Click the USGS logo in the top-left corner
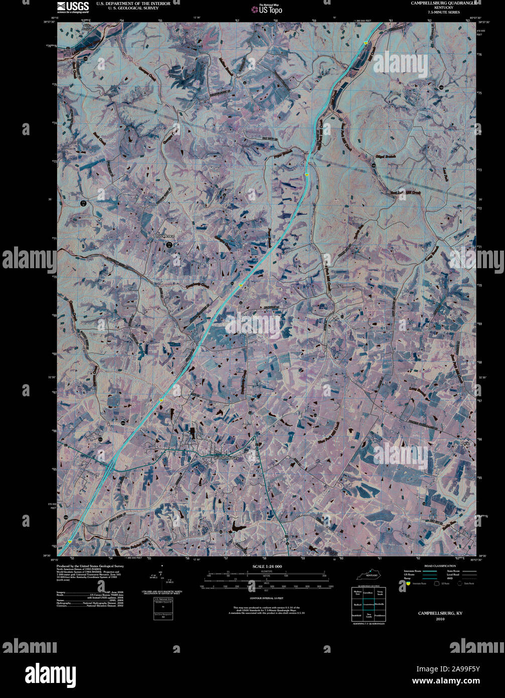coord(73,7)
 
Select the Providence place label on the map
coord(164,236)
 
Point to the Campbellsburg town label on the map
coord(228,457)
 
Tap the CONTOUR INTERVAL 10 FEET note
coord(266,598)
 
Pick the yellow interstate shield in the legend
coord(408,584)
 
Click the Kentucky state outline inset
coord(368,574)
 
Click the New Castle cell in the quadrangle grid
coord(368,615)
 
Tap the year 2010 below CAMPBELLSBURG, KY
coord(440,619)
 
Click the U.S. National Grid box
coord(163,608)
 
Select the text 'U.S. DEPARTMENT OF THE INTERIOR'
coord(126,4)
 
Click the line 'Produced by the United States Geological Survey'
coord(90,566)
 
